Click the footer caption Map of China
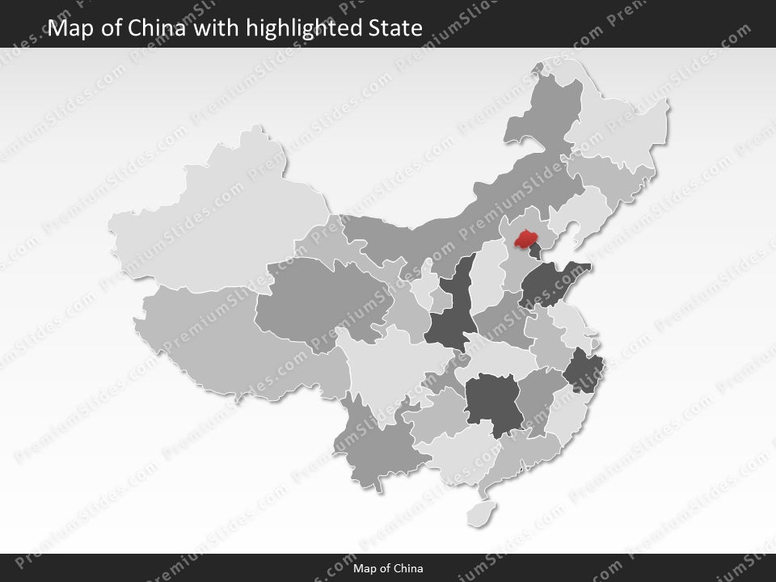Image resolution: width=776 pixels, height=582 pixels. [388, 568]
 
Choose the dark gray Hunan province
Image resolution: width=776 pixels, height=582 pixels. [493, 403]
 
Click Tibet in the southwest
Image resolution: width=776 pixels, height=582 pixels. [218, 339]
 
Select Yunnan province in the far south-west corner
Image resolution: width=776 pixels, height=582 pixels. [380, 449]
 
